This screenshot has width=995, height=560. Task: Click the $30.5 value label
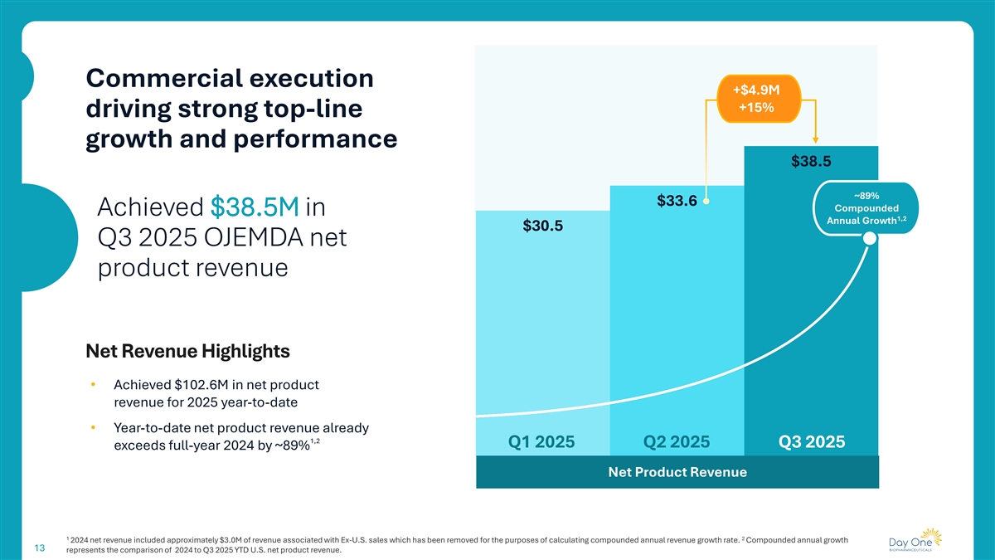tap(543, 226)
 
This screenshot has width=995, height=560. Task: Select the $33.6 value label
tap(677, 200)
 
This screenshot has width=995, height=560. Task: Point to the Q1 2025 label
tap(543, 442)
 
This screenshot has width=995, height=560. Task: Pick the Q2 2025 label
tap(677, 442)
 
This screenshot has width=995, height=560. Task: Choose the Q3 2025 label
tap(811, 442)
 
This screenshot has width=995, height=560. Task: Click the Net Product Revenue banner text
tap(677, 472)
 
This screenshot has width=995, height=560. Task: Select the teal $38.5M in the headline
tap(255, 207)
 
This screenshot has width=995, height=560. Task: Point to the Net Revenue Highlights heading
tap(187, 352)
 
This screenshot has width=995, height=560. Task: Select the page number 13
tap(39, 548)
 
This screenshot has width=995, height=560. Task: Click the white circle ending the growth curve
tap(869, 239)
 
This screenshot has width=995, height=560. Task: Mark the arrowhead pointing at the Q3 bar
tap(816, 140)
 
